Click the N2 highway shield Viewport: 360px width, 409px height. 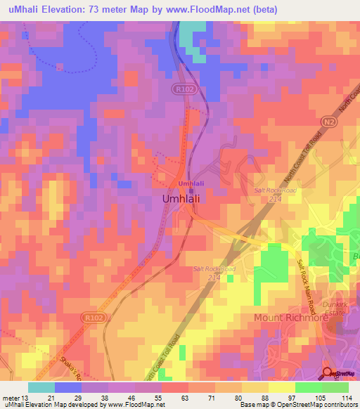(x=328, y=122)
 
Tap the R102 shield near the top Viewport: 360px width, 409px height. (x=183, y=89)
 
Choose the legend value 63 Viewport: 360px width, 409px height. (x=185, y=397)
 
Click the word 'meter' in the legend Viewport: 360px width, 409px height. (x=11, y=397)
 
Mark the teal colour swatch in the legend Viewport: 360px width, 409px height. (x=41, y=387)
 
